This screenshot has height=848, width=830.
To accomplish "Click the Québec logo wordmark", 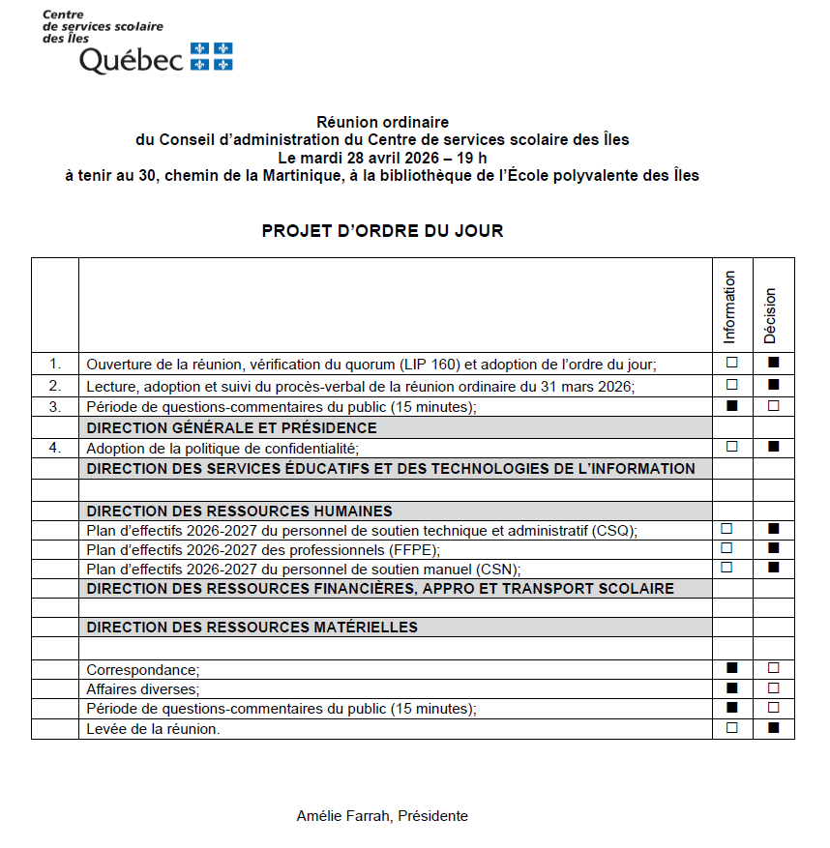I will coord(131,60).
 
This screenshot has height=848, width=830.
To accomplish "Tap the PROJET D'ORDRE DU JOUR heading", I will coord(382,231).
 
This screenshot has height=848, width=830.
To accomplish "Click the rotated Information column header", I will coord(730,307).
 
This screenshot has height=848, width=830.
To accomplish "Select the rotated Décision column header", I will coord(771,315).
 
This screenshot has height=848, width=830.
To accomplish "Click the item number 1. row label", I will coord(55,364).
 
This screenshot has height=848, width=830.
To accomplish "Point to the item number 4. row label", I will coord(55,448).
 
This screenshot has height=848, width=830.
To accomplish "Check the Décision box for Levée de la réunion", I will coord(773,728).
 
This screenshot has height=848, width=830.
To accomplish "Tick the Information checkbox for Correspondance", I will coord(732,668).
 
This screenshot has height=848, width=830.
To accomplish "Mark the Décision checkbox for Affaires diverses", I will coord(773,688).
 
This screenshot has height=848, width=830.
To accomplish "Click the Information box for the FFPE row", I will coord(726,548).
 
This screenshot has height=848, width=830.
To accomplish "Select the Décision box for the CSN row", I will coord(773,568).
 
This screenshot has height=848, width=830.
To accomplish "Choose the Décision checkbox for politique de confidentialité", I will coord(773,447).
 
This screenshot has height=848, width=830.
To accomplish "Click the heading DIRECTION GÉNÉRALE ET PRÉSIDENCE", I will coord(232,427).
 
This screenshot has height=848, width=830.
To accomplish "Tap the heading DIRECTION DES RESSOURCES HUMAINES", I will coord(240,511).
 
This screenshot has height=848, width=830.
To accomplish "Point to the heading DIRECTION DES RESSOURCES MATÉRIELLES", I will coord(252,628).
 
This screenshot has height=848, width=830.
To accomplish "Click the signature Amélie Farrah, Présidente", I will coord(382,816).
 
